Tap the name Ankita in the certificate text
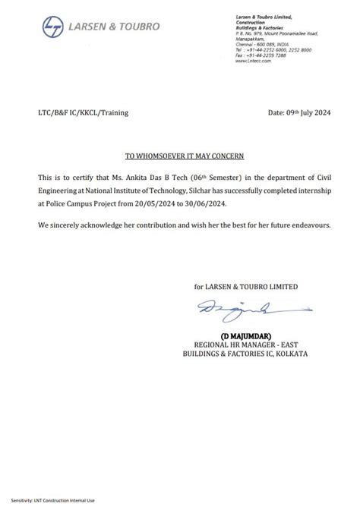pos(142,176)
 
